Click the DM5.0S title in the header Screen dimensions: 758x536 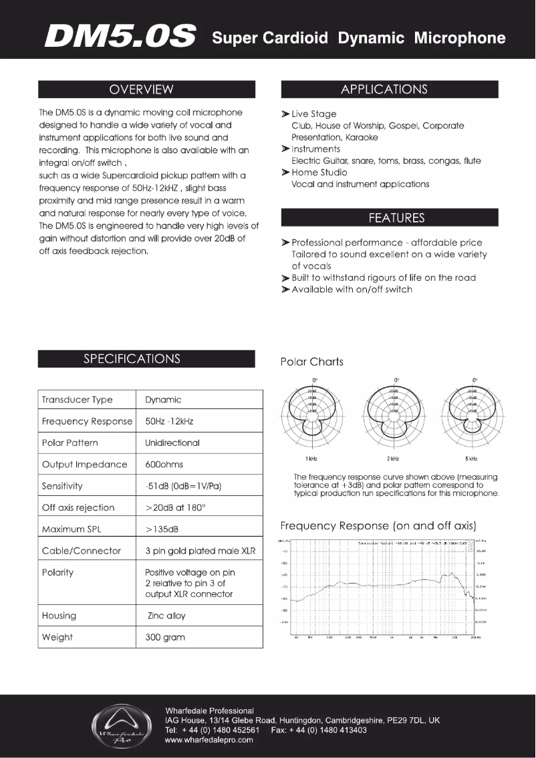pyautogui.click(x=120, y=37)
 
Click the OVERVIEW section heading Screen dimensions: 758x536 pyautogui.click(x=146, y=90)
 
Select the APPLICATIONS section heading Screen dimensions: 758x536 pyautogui.click(x=389, y=90)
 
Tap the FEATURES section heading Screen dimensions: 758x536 pyautogui.click(x=389, y=218)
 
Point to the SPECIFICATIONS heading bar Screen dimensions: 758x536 pyautogui.click(x=146, y=359)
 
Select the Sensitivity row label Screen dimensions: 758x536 pyautogui.click(x=62, y=486)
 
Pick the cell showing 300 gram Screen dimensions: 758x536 pyautogui.click(x=165, y=637)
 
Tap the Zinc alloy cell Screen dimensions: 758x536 pyautogui.click(x=166, y=616)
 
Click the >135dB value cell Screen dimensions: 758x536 pyautogui.click(x=162, y=529)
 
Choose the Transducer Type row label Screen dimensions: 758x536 pyautogui.click(x=78, y=400)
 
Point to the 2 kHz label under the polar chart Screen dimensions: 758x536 pyautogui.click(x=393, y=459)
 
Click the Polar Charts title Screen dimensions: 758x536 pyautogui.click(x=311, y=362)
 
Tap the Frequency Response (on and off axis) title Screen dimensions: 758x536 pyautogui.click(x=378, y=525)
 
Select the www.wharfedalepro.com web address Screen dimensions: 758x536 pyautogui.click(x=209, y=740)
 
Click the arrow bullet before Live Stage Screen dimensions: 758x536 pyautogui.click(x=285, y=114)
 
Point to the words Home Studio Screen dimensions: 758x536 pyautogui.click(x=319, y=172)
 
